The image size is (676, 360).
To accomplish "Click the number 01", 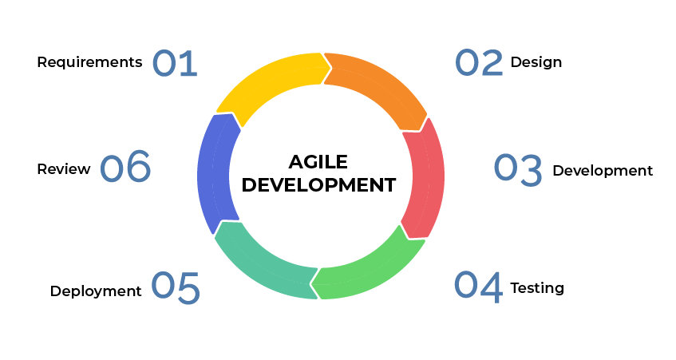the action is click(175, 63).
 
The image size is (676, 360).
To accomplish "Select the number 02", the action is click(479, 62).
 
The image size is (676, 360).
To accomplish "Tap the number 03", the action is click(518, 170).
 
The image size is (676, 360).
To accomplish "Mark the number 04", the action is click(479, 287).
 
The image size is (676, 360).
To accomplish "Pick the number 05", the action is click(176, 287).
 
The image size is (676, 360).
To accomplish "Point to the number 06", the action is click(125, 166).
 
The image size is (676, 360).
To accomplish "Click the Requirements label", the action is click(89, 62).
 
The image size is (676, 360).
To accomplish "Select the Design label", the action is click(536, 62).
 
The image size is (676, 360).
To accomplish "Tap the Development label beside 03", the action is click(603, 171).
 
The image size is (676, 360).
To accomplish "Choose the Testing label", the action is click(537, 288).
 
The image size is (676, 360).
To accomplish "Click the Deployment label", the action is click(96, 291).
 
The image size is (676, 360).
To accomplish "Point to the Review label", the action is click(64, 169).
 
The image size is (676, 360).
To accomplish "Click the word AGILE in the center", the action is click(318, 162).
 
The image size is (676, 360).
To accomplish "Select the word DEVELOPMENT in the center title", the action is click(318, 185).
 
